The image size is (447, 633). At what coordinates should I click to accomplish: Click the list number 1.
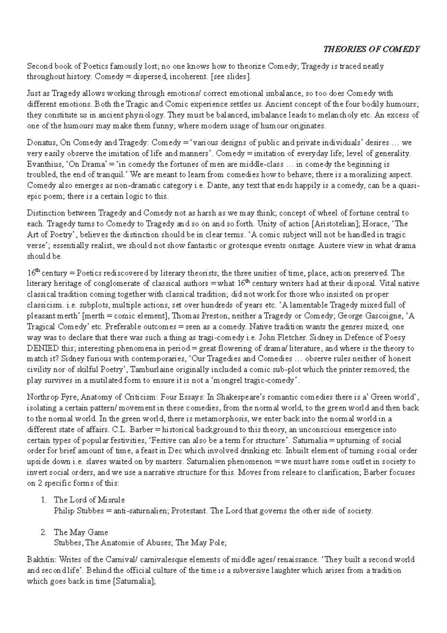(x=43, y=500)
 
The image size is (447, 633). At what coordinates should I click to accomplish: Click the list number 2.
(x=43, y=532)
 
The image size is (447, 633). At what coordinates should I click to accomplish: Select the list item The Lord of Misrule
(x=89, y=500)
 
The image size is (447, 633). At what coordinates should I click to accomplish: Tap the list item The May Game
(x=81, y=532)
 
